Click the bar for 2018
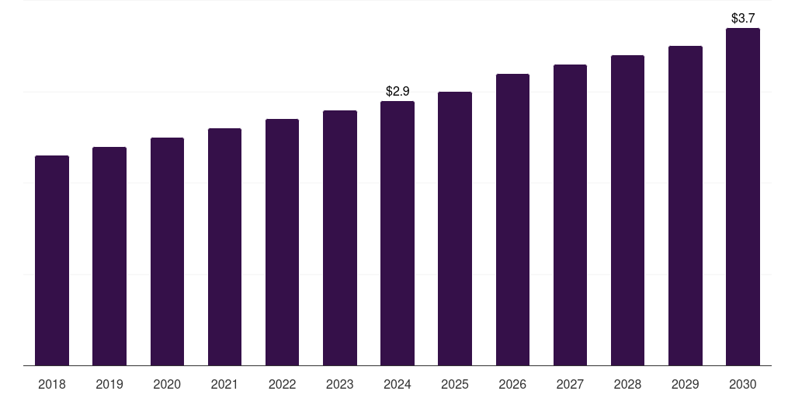pos(52,260)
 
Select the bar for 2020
pos(168,251)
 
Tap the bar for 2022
pos(282,243)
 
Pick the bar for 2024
pos(397,233)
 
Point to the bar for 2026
pos(512,220)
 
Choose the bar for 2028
pos(627,210)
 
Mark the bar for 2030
pos(743,197)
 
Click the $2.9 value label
pos(397,92)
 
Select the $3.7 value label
pos(743,19)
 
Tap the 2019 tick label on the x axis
pos(109,384)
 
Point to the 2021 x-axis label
pos(224,384)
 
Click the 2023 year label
pos(340,384)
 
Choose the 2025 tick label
pos(455,384)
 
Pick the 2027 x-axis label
pos(570,384)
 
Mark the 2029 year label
pos(686,384)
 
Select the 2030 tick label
pos(743,384)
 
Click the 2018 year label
pos(52,384)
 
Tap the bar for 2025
pos(455,229)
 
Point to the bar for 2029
pos(686,205)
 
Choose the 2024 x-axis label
pos(397,384)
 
